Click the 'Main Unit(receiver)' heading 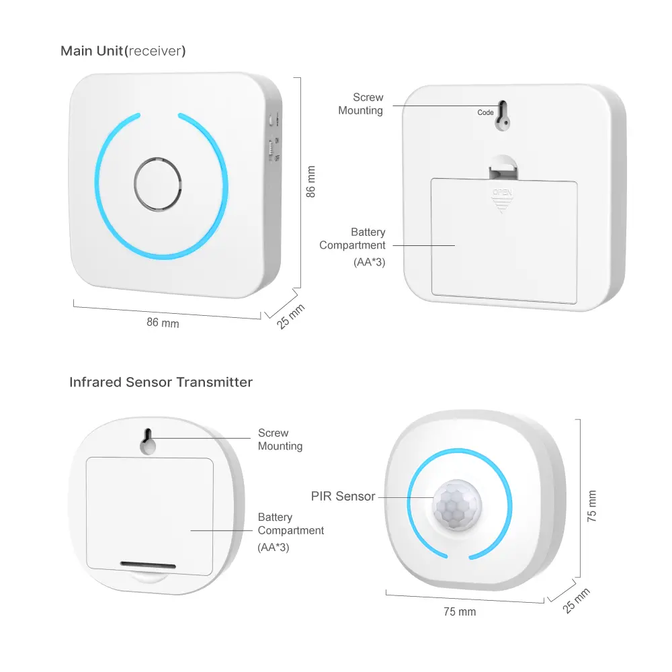point(123,51)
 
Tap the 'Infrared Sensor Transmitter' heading point(161,382)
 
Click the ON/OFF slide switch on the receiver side point(272,149)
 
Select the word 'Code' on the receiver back point(485,113)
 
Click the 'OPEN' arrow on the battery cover point(501,199)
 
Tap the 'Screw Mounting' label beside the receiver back point(361,104)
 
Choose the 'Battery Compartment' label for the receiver point(353,239)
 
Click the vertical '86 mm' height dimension point(310,181)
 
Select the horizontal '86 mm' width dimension point(163,323)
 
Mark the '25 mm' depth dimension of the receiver point(291,317)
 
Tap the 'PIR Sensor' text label point(343,497)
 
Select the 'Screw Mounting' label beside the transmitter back point(280,439)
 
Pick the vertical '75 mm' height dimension point(591,504)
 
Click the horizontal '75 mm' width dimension point(459,612)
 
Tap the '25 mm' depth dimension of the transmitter point(577,600)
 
